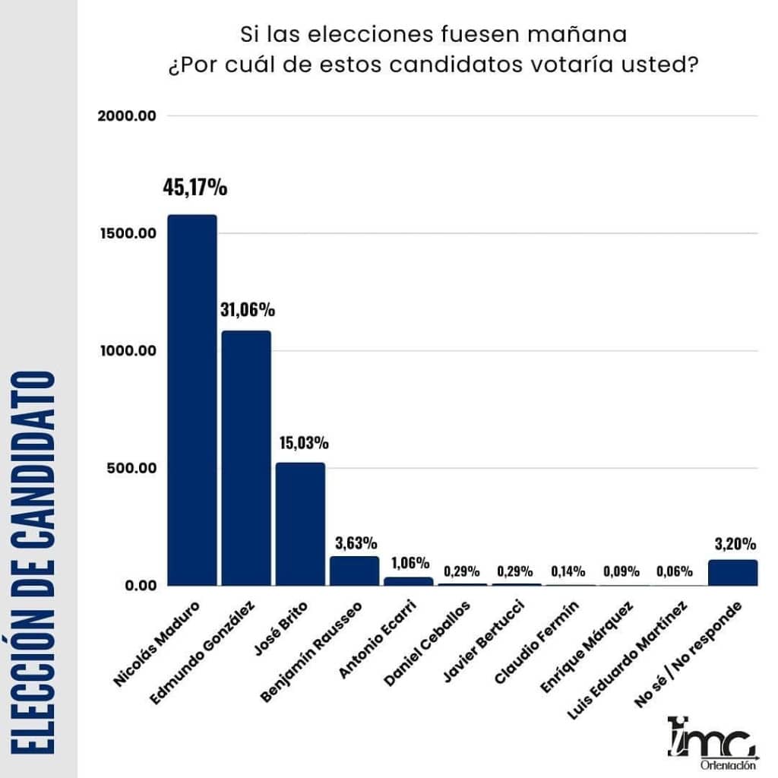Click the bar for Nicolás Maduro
pyautogui.click(x=192, y=400)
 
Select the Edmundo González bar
pyautogui.click(x=246, y=457)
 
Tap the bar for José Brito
pyautogui.click(x=300, y=523)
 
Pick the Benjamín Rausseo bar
pyautogui.click(x=354, y=571)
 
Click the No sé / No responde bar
pyautogui.click(x=732, y=572)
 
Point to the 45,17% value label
pyautogui.click(x=195, y=187)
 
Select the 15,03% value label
pyautogui.click(x=302, y=442)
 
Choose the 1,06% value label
pyautogui.click(x=410, y=563)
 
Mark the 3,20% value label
pyautogui.click(x=735, y=543)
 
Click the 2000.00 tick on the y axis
pyautogui.click(x=127, y=115)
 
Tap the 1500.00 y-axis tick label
pyautogui.click(x=127, y=233)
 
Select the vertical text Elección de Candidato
pyautogui.click(x=39, y=562)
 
